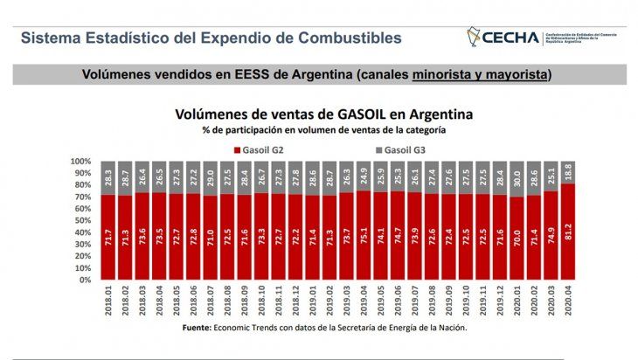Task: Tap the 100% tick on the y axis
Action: [79, 162]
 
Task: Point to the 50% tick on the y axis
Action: [80, 221]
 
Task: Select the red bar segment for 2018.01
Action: [108, 237]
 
